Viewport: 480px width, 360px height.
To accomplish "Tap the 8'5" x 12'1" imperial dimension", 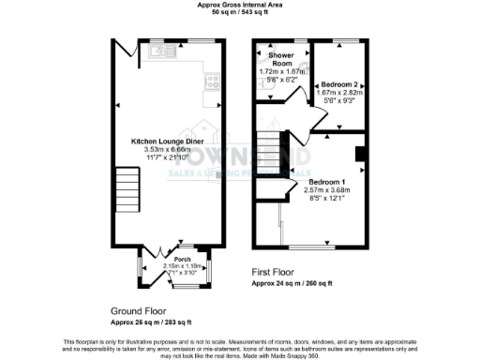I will click(x=328, y=197).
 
